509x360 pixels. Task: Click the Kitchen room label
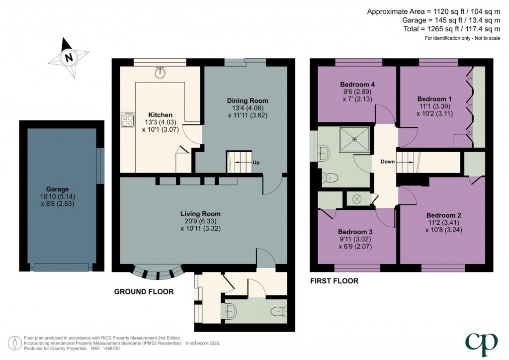click(160, 115)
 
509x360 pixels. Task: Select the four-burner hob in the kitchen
click(127, 119)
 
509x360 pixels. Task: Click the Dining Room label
click(248, 100)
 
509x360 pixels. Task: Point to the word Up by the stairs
click(256, 163)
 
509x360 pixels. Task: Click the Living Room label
click(201, 214)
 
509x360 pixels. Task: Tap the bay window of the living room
click(159, 273)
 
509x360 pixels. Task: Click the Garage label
click(58, 189)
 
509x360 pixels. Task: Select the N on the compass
click(69, 58)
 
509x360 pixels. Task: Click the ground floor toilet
click(279, 311)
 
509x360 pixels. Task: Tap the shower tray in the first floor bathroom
click(354, 139)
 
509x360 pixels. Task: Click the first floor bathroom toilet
click(331, 178)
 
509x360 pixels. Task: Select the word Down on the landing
click(388, 162)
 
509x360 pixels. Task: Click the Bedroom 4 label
click(357, 85)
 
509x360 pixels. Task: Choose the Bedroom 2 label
click(443, 215)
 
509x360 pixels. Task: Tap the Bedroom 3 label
click(355, 232)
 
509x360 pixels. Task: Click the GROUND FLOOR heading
click(144, 292)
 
